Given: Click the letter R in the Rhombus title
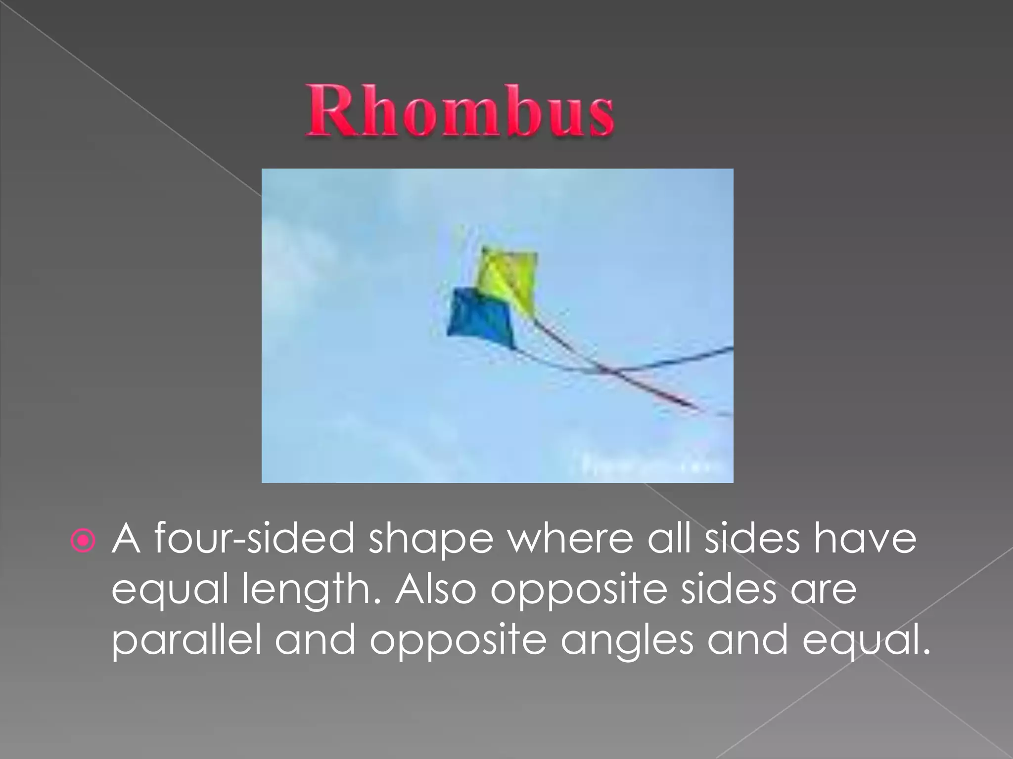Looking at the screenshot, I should coord(326,111).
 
